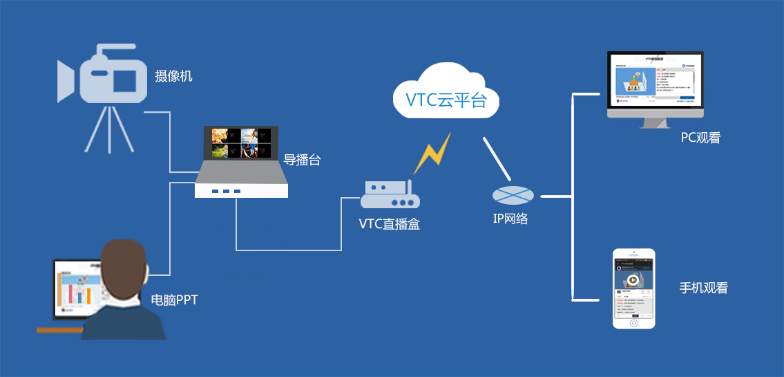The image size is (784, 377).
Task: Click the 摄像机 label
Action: [173, 76]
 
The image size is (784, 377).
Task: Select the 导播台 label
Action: [302, 160]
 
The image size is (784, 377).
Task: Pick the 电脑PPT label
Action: [175, 300]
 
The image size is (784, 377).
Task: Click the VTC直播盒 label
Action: [389, 223]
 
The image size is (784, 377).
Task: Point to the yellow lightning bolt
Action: [432, 154]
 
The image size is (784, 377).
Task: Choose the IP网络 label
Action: [510, 219]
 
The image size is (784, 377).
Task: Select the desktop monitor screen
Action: [654, 81]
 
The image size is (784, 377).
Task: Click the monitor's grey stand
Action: [654, 121]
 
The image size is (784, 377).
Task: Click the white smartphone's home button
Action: [634, 323]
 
